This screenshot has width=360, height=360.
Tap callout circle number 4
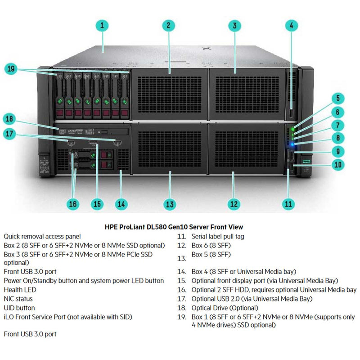point(292,25)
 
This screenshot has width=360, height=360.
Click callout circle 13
point(169,204)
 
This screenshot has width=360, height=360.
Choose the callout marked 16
point(73,203)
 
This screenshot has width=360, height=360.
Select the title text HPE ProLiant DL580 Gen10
point(180,227)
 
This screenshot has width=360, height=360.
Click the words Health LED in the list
point(20,290)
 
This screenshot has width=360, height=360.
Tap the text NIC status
point(18,298)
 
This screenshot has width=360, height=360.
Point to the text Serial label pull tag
point(218,236)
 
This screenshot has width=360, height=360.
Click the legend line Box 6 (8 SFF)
point(211,245)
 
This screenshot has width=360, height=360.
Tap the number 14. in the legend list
point(182,271)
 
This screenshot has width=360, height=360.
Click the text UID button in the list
point(19,308)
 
